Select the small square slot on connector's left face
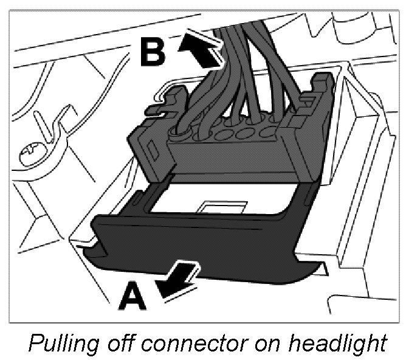coord(148,143)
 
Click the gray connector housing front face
coord(243,155)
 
